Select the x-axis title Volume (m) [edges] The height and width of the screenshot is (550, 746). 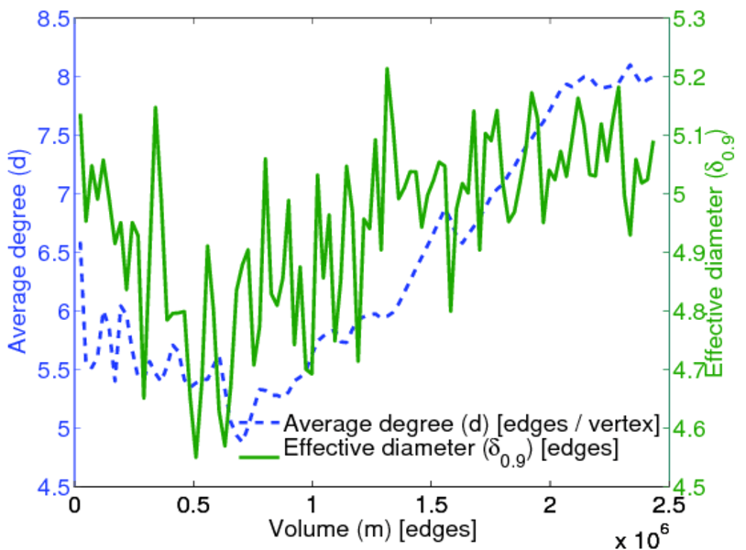[372, 529]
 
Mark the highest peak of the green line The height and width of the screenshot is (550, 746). [387, 69]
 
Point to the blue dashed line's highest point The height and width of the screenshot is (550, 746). [630, 65]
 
